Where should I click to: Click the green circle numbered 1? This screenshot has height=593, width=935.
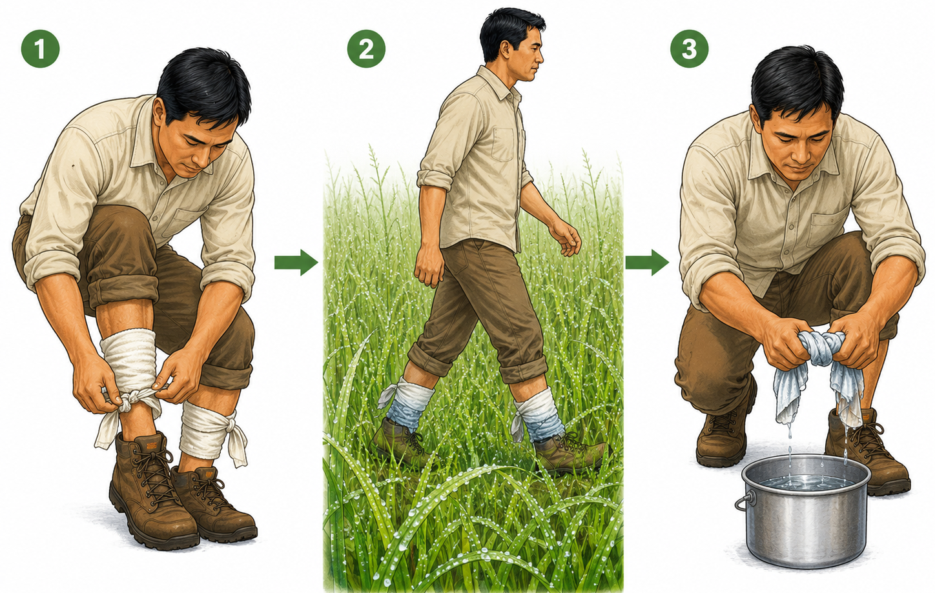(40, 49)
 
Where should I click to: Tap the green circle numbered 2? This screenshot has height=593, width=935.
(366, 49)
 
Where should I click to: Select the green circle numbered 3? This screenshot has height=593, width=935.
(689, 49)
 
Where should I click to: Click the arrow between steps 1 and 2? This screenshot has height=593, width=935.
(296, 263)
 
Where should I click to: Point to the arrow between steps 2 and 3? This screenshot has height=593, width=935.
(647, 263)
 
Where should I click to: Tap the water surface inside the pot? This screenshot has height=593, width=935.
(807, 482)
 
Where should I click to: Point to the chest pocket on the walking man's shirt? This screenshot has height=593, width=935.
(502, 145)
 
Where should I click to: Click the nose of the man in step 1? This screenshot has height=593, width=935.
(203, 157)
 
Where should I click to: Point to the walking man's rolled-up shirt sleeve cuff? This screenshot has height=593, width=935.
(434, 178)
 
